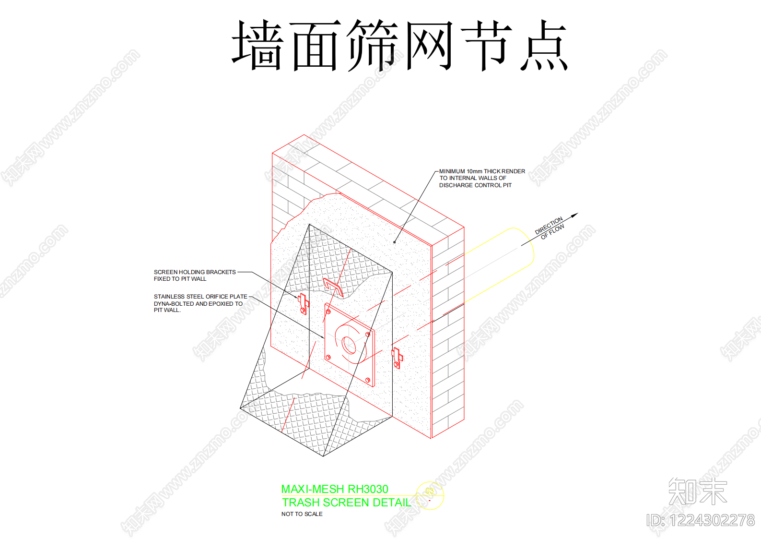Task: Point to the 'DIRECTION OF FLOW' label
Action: [550, 228]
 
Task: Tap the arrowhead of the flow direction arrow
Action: [574, 215]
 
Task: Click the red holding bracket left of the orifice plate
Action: [304, 304]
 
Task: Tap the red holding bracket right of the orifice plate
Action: [397, 358]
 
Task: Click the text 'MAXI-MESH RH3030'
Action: [335, 489]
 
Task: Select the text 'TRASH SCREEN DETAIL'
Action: [347, 502]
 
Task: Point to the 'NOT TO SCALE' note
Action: [302, 514]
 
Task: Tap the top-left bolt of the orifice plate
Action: [328, 311]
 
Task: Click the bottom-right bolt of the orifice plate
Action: [368, 380]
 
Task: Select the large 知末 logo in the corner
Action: [698, 491]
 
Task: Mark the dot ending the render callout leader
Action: [395, 242]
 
